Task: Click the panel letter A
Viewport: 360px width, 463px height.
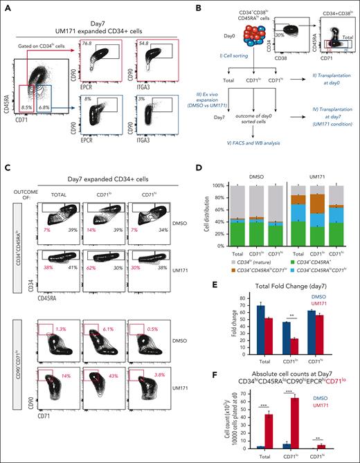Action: tap(6, 6)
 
